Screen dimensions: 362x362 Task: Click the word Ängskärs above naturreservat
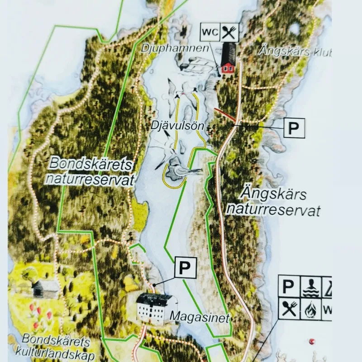(x=272, y=195)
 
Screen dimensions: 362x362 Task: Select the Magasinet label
(x=199, y=317)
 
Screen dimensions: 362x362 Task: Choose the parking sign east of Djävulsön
(x=294, y=128)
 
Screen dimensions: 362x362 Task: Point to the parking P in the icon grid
(x=288, y=286)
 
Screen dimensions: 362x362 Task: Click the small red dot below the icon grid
(x=311, y=342)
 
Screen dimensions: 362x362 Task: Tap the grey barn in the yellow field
(x=45, y=288)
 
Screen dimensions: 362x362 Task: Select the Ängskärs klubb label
(x=294, y=51)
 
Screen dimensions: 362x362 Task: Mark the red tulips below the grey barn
(x=38, y=316)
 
